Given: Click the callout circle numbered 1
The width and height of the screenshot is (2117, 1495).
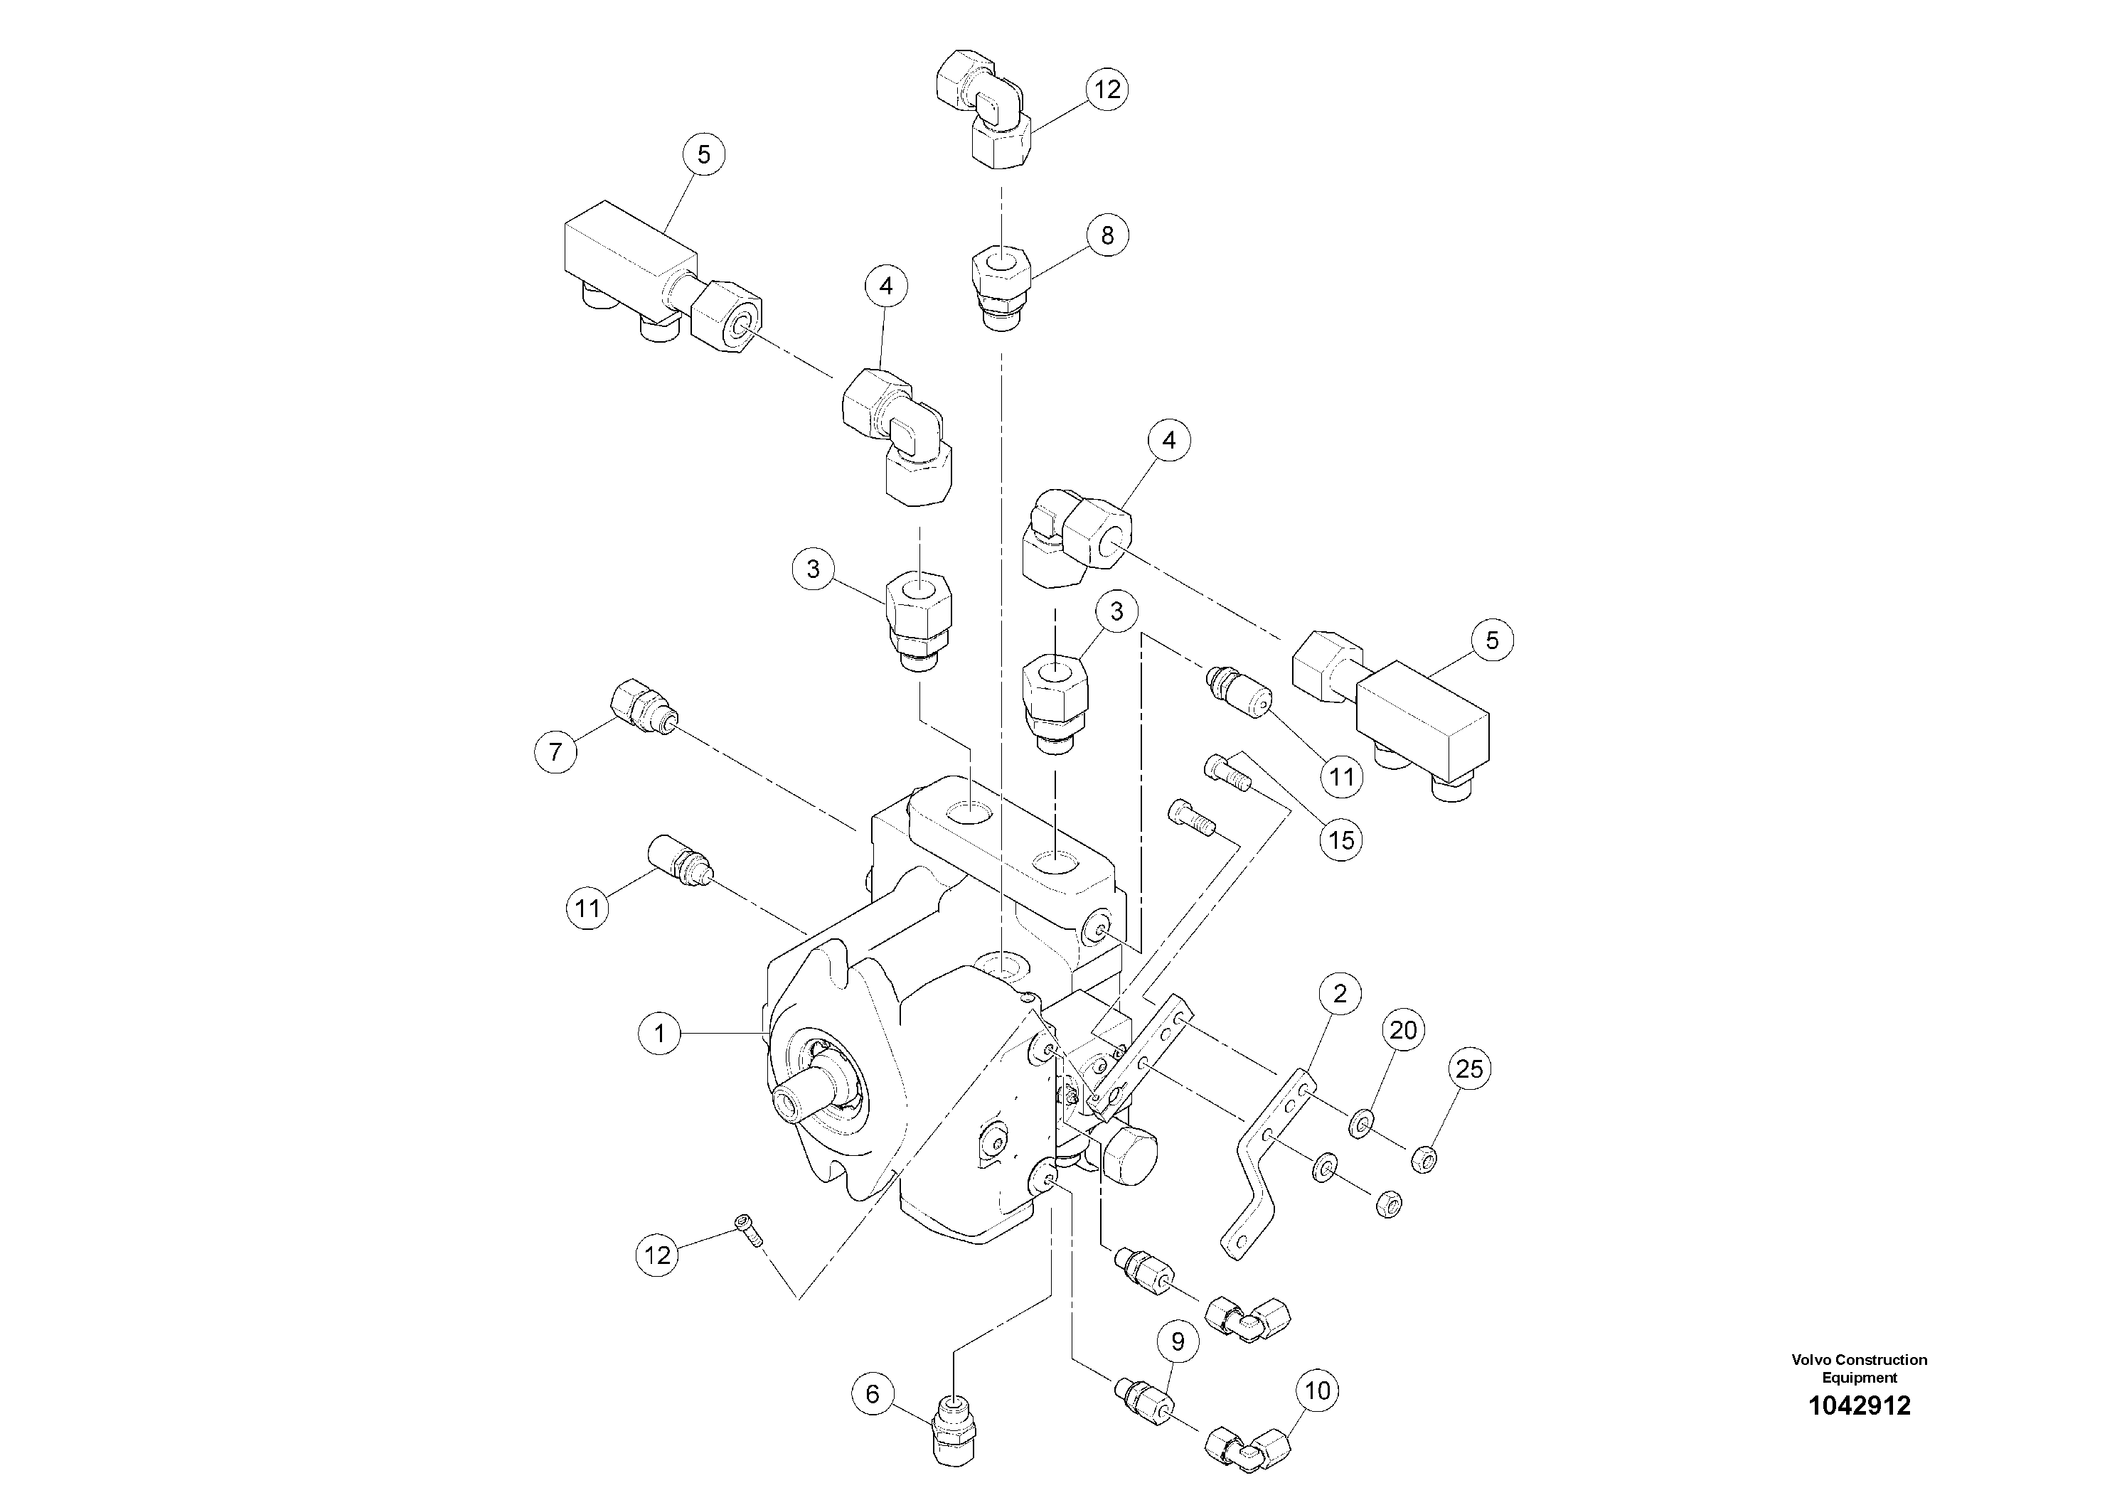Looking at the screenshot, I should (x=659, y=1033).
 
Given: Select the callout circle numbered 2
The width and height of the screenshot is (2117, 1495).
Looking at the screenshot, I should (x=1340, y=994).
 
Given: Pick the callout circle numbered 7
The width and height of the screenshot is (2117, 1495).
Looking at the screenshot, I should (x=555, y=752).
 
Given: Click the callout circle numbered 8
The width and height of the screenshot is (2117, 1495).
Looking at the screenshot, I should (x=1107, y=235).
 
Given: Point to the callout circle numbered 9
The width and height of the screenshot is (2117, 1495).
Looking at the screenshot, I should (x=1178, y=1343).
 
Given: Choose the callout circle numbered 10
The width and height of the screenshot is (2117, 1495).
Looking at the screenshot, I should (x=1318, y=1390).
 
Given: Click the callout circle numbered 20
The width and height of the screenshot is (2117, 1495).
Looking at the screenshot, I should (x=1402, y=1029).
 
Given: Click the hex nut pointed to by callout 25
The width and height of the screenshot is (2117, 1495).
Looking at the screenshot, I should (x=1424, y=1157).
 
